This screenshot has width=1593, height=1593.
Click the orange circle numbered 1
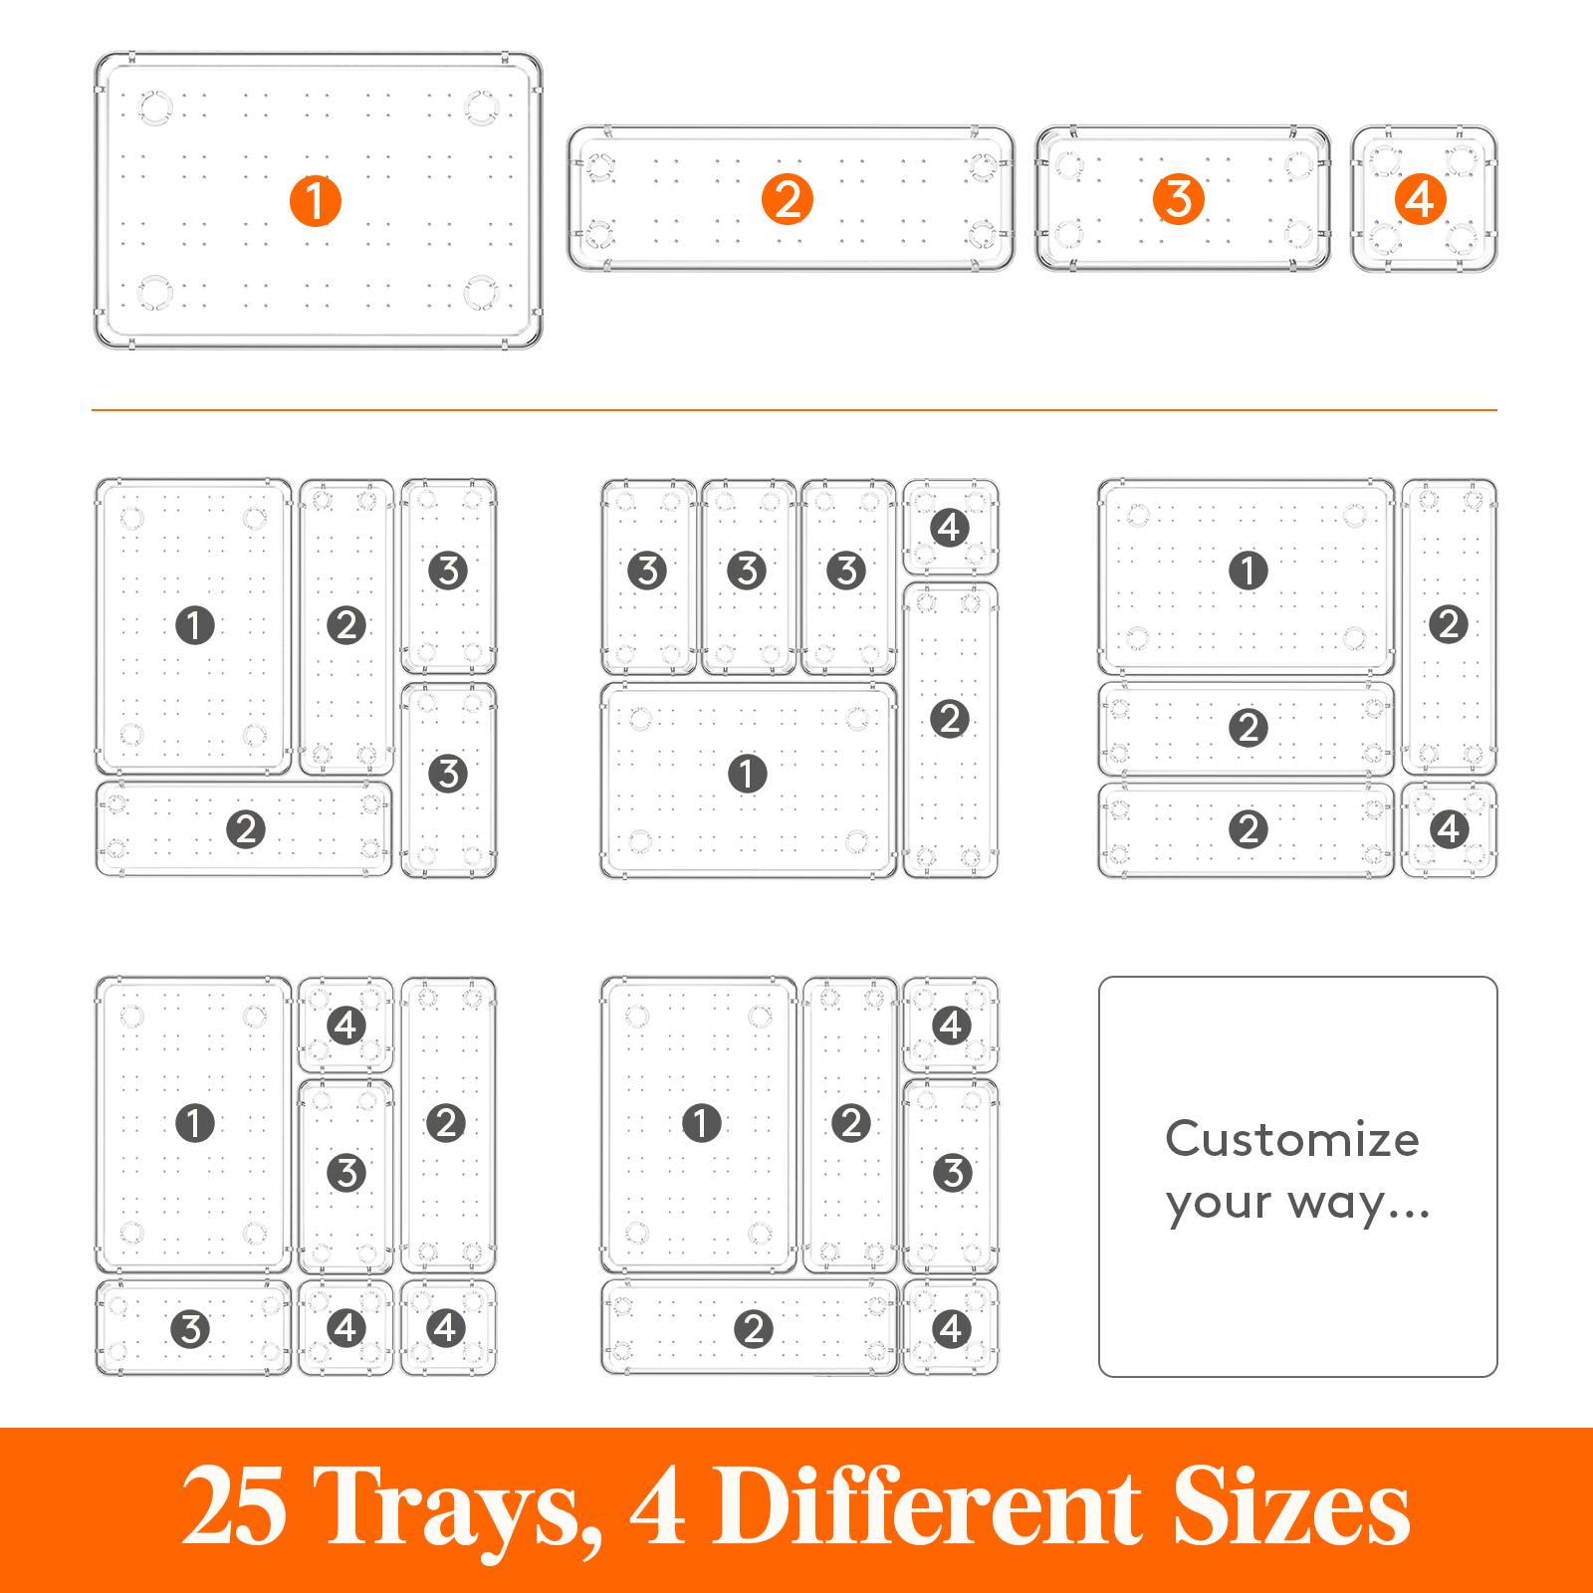(x=315, y=200)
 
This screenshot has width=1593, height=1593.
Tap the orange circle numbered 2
(x=788, y=200)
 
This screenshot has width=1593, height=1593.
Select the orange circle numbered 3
(x=1179, y=200)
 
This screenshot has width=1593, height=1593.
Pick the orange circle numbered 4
(x=1421, y=200)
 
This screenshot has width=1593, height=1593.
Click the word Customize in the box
(x=1291, y=1139)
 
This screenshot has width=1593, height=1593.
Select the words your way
(x=1297, y=1204)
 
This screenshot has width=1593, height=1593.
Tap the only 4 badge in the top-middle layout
(x=950, y=527)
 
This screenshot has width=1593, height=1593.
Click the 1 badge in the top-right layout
(x=1249, y=571)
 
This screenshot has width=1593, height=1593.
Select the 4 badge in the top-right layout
(x=1449, y=828)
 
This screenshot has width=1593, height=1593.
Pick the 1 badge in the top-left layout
(x=194, y=625)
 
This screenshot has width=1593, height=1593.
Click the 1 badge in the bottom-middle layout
(x=701, y=1123)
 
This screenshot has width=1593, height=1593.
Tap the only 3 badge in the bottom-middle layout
(x=952, y=1173)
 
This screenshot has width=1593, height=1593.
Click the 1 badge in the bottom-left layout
(x=194, y=1123)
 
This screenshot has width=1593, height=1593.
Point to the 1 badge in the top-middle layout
(x=747, y=774)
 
